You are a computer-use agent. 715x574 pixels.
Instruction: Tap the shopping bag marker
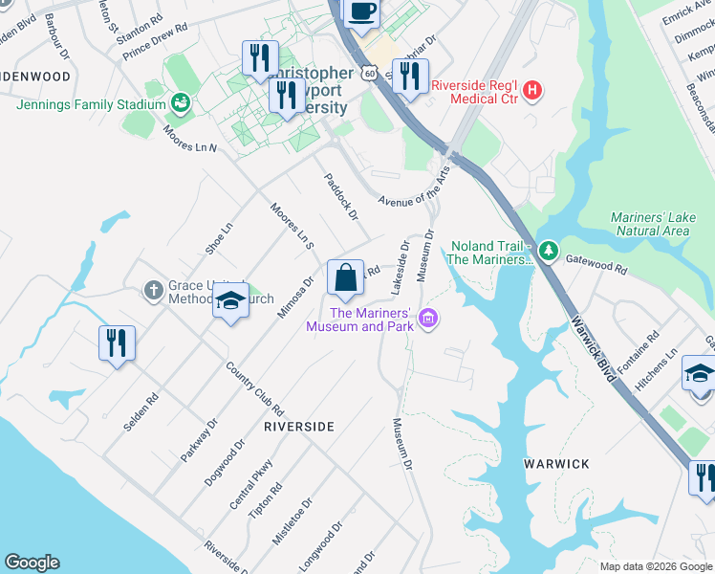point(345,278)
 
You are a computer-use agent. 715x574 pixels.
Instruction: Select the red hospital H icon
point(532,91)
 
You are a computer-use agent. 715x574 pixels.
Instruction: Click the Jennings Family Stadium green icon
point(179,102)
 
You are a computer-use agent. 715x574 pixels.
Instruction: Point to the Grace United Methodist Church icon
point(153,290)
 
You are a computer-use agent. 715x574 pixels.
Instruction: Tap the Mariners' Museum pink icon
point(429,319)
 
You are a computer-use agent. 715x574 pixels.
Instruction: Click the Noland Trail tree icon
point(548,251)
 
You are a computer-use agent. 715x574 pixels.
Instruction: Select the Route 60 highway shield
point(369,73)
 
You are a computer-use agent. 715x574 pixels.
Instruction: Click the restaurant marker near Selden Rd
point(117,343)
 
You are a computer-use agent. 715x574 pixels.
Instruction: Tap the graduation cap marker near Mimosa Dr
point(230,301)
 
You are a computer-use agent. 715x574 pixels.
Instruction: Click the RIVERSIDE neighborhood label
point(299,427)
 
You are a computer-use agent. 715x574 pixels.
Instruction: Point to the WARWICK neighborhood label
point(557,464)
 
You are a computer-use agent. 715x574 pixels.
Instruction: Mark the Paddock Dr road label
point(339,196)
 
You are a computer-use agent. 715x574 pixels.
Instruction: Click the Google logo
point(32,563)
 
